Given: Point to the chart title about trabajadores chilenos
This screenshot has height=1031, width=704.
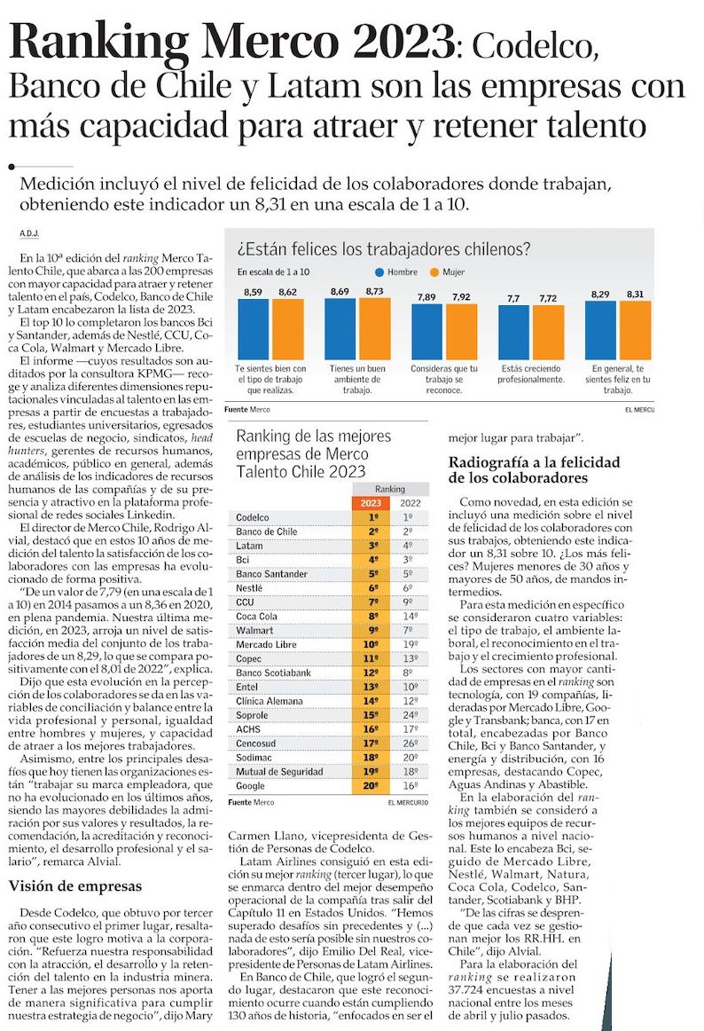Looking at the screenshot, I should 383,248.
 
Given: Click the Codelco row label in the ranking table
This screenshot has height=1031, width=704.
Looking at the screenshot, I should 253,516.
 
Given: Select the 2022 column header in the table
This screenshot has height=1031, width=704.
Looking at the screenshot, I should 408,502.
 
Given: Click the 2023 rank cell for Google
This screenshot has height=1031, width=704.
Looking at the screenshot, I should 373,786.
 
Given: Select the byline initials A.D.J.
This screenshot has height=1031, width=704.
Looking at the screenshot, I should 29,234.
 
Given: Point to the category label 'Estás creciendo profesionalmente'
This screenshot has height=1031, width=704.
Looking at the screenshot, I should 532,373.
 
